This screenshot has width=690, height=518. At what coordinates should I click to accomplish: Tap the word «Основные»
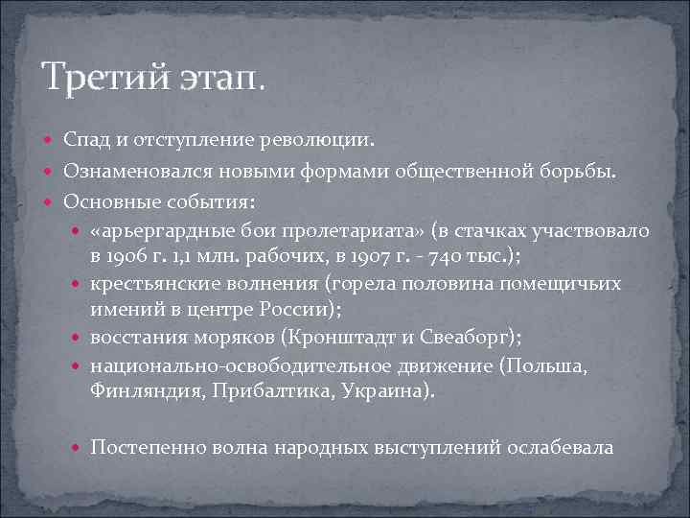pos(104,202)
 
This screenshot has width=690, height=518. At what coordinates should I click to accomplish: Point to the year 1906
pos(127,257)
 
